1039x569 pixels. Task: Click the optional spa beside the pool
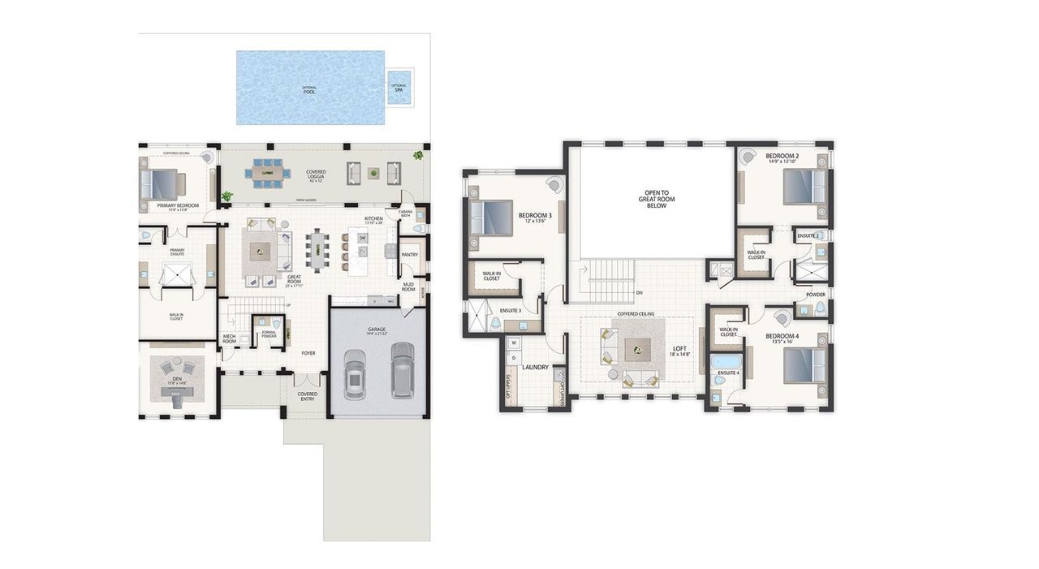click(x=399, y=87)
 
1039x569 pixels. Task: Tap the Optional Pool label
click(x=309, y=90)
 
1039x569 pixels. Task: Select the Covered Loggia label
click(x=316, y=175)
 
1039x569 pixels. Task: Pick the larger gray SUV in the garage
click(x=403, y=369)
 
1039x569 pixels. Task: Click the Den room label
click(x=177, y=379)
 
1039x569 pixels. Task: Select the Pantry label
click(x=410, y=254)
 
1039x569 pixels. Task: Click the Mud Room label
click(x=408, y=287)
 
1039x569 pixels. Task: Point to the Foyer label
click(x=308, y=353)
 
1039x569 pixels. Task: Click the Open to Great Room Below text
click(x=655, y=200)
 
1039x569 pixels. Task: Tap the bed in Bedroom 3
click(x=490, y=218)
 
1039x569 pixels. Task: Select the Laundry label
click(x=536, y=367)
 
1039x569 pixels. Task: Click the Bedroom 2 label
click(x=782, y=156)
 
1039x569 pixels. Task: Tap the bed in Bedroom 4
click(x=804, y=364)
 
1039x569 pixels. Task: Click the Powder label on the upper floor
click(x=815, y=295)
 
